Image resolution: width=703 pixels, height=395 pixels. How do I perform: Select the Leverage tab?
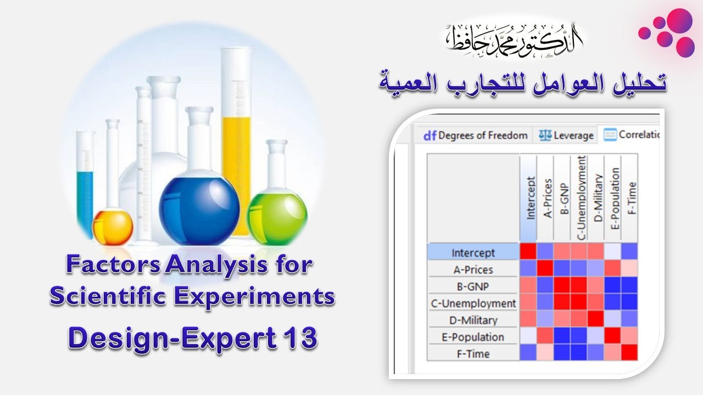[566, 135]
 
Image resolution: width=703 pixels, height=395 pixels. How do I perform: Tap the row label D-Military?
[473, 320]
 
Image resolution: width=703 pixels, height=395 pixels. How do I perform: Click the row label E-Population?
[473, 337]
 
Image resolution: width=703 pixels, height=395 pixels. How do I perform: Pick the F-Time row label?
[473, 354]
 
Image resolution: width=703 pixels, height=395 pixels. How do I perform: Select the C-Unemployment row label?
[473, 303]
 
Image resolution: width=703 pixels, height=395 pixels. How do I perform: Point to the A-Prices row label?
[473, 269]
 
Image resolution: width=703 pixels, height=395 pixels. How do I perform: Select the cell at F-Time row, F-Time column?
[629, 352]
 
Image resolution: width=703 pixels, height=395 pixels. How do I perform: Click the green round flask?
[277, 218]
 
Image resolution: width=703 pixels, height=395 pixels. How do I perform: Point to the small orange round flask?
[113, 228]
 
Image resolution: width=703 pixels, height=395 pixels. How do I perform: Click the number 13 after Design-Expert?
[301, 338]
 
